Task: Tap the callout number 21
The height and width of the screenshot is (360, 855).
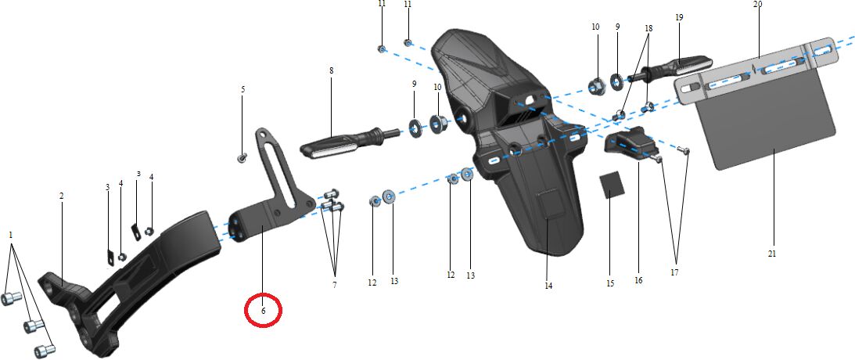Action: coord(771,254)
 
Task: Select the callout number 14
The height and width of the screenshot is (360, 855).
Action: coord(548,286)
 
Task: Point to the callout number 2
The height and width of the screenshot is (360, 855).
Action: coord(62,196)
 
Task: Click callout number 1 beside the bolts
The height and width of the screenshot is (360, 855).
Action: coord(10,235)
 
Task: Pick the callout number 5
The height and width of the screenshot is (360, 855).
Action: coord(243,89)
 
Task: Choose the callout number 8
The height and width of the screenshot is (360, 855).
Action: coord(331,70)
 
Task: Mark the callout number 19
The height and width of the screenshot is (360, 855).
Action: coord(679,17)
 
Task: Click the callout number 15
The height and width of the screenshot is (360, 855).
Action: coord(610,283)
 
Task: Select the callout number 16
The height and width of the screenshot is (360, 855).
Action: coord(638,280)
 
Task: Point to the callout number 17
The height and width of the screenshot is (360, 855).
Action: coord(674,272)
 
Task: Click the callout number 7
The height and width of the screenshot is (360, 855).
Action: coord(334,285)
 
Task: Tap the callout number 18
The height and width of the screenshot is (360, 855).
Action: coord(648,27)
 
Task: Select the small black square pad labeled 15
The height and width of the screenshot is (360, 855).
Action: coord(613,186)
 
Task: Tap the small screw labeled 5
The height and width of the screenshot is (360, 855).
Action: coord(242,158)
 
